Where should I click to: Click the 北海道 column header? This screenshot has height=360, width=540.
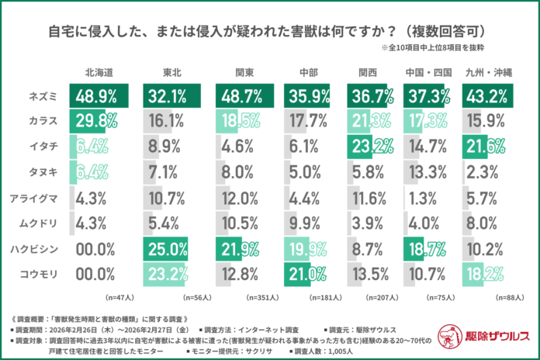click(x=99, y=72)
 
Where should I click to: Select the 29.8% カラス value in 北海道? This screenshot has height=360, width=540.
click(x=97, y=121)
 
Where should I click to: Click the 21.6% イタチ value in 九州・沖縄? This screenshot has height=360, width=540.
click(x=486, y=147)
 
